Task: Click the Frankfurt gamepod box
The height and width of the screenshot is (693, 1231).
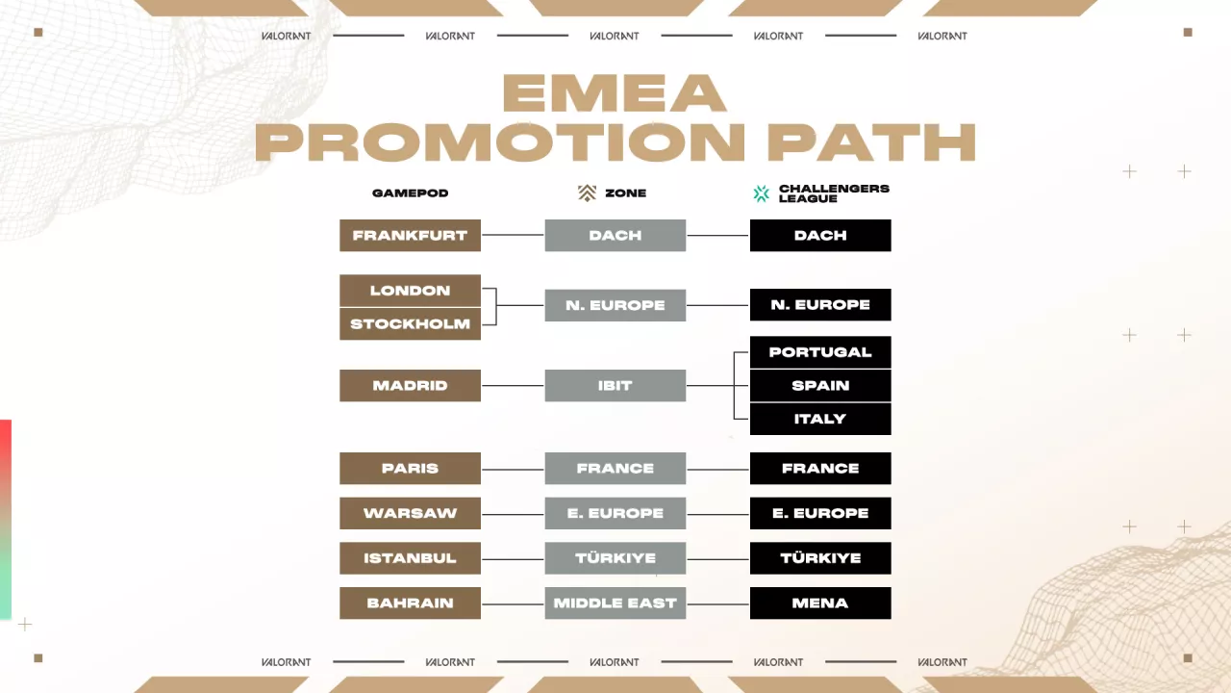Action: (410, 236)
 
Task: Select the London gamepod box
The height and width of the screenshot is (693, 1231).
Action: (410, 291)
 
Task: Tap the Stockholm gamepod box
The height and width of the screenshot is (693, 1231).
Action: (410, 324)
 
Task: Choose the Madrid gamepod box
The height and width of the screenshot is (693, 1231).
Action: (410, 386)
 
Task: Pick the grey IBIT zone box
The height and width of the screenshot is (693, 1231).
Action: (615, 386)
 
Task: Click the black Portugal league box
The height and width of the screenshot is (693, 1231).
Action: (820, 352)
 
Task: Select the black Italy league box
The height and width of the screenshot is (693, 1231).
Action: (820, 419)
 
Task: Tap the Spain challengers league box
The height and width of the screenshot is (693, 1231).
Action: (820, 386)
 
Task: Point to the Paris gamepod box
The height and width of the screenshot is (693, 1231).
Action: (410, 469)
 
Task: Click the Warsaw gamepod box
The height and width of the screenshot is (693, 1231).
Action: (410, 513)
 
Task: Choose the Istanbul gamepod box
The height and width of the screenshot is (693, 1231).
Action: (410, 558)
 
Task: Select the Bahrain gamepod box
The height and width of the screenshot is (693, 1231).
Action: (410, 603)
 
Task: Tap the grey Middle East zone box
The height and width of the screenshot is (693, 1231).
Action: (615, 603)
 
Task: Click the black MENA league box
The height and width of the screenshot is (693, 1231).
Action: (820, 603)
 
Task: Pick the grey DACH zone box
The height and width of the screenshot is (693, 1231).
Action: (615, 236)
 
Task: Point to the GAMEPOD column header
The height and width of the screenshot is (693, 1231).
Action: (411, 193)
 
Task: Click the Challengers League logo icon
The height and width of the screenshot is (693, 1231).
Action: (762, 193)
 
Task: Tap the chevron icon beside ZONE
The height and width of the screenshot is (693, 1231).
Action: (587, 193)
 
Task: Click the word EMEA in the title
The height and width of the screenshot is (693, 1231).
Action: (614, 93)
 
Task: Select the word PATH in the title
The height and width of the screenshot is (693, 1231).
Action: (871, 142)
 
